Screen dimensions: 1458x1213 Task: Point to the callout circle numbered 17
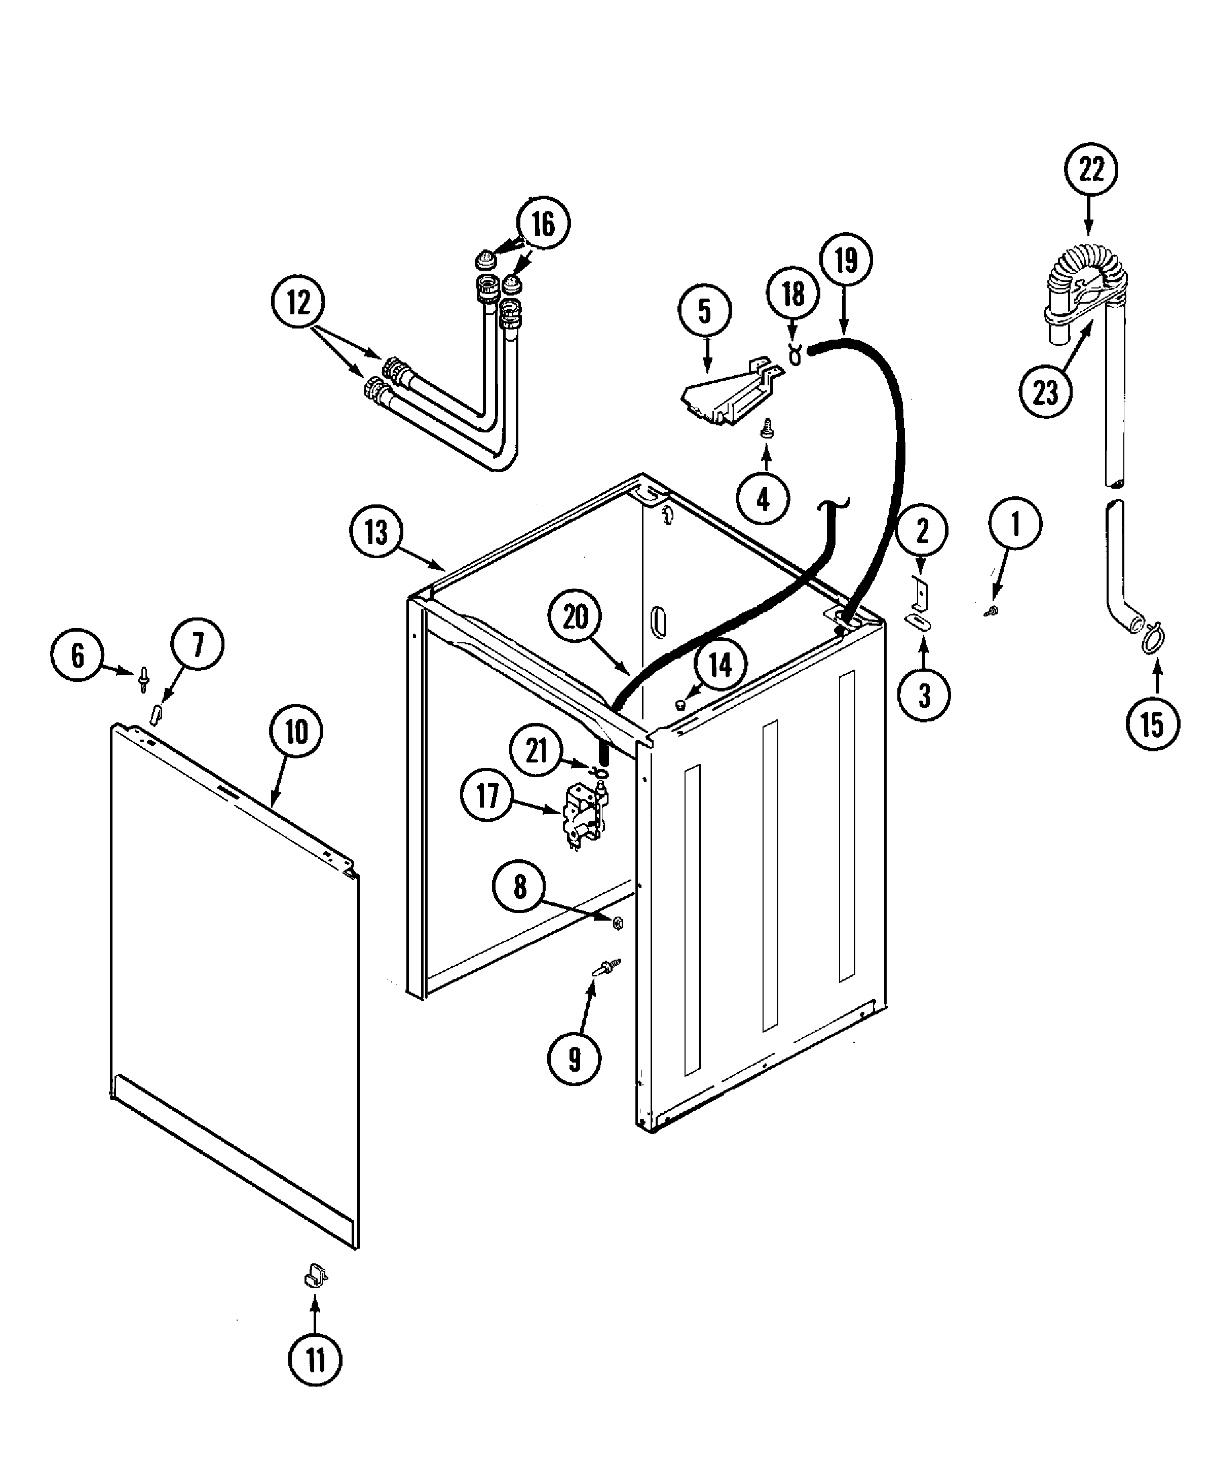coord(487,795)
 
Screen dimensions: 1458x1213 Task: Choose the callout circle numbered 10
coord(296,731)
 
